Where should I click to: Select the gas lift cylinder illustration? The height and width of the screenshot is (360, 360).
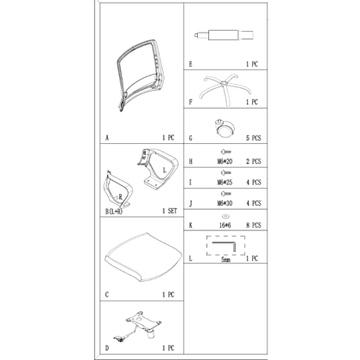pyautogui.click(x=224, y=35)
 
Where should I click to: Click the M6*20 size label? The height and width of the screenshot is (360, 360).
pyautogui.click(x=225, y=162)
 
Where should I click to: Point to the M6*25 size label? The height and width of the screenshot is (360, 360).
pyautogui.click(x=225, y=183)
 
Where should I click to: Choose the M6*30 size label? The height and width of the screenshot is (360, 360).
pyautogui.click(x=225, y=203)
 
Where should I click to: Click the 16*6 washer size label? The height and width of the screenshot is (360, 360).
pyautogui.click(x=225, y=225)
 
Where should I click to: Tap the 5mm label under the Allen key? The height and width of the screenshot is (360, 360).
pyautogui.click(x=225, y=260)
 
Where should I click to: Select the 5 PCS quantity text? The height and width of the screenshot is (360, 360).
pyautogui.click(x=254, y=138)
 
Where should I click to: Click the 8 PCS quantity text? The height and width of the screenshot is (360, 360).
pyautogui.click(x=254, y=225)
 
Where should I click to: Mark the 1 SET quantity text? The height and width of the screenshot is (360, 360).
pyautogui.click(x=170, y=211)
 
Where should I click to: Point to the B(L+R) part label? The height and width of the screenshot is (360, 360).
pyautogui.click(x=114, y=212)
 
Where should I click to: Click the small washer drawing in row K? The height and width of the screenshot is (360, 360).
pyautogui.click(x=225, y=216)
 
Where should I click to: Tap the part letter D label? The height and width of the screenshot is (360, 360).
pyautogui.click(x=107, y=348)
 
